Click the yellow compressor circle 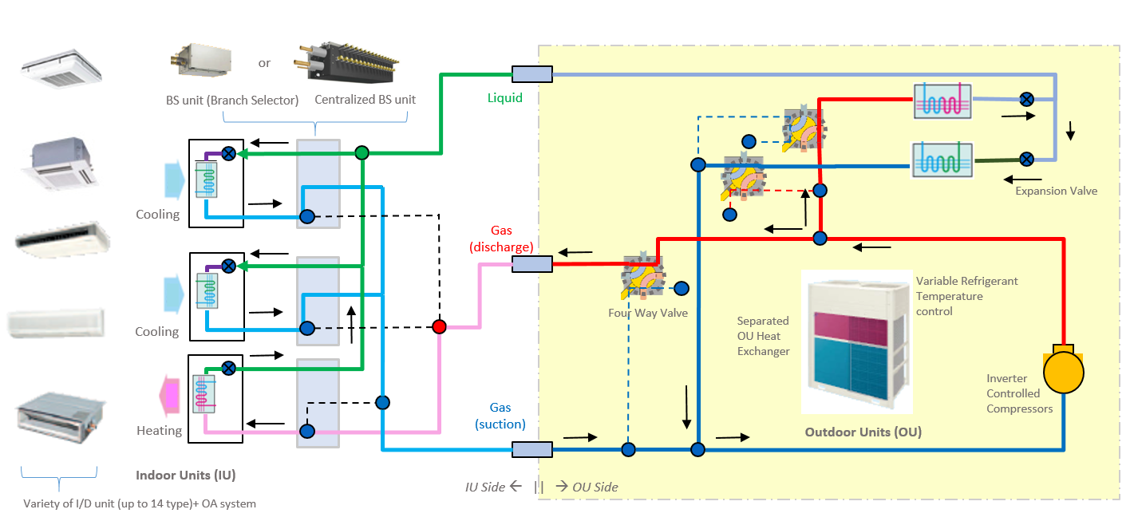(1064, 371)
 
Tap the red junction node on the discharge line (439, 327)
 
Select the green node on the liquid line (362, 152)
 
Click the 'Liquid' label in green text (505, 98)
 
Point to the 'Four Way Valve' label (647, 313)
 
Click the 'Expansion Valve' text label (1056, 191)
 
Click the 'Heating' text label (159, 431)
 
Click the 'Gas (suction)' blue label (500, 416)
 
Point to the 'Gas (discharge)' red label (501, 239)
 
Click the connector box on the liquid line (532, 74)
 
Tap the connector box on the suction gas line (532, 449)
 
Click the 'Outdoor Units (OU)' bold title (863, 432)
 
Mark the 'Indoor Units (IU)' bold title (185, 476)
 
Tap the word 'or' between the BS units (264, 63)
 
